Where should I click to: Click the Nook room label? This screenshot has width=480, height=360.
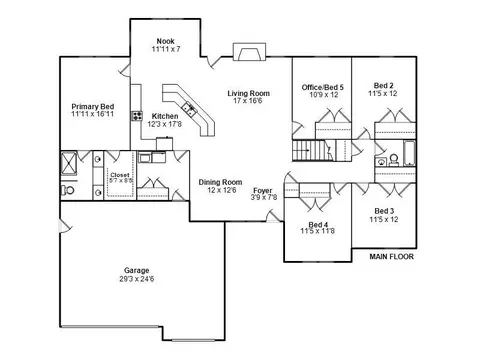click(x=166, y=41)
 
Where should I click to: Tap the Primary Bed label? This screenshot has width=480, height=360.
click(x=93, y=107)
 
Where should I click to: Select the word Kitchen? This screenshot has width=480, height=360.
click(x=165, y=116)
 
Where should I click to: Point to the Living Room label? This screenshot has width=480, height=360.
click(x=249, y=93)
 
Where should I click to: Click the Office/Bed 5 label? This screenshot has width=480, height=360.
click(x=323, y=87)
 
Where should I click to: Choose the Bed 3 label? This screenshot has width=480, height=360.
click(x=384, y=211)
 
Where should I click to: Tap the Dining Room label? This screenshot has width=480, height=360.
click(x=220, y=182)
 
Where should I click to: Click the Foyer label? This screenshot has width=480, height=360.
click(x=263, y=191)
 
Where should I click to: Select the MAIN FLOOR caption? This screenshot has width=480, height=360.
click(x=392, y=257)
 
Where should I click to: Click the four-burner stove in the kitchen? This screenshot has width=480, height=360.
click(x=137, y=116)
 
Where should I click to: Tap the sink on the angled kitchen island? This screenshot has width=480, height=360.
click(x=189, y=108)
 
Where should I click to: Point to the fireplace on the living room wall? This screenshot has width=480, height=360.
click(x=249, y=52)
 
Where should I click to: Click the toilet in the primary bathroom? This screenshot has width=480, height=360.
click(x=68, y=190)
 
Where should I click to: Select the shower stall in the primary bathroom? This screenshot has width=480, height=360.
click(x=69, y=163)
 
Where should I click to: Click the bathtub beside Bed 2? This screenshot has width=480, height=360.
click(x=410, y=153)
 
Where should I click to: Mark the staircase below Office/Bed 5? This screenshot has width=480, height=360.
click(x=309, y=151)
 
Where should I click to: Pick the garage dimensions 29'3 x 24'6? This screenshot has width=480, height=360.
click(x=137, y=279)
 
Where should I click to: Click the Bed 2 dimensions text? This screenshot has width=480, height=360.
click(x=383, y=94)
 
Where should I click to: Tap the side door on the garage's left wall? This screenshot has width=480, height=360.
click(x=65, y=225)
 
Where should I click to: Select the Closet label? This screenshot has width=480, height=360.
click(x=120, y=175)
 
